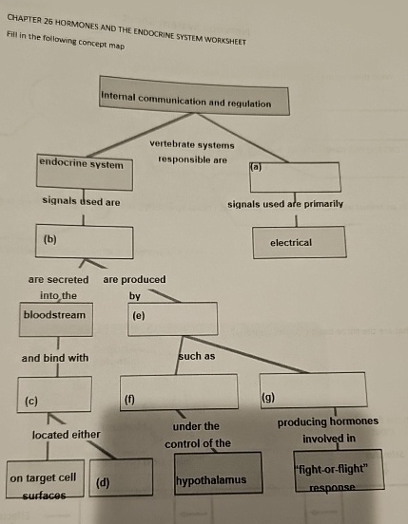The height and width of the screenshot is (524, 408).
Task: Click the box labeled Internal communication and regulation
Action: tap(194, 102)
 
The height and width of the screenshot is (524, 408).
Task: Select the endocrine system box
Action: tap(84, 170)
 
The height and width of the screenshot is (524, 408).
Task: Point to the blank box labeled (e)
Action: tap(173, 318)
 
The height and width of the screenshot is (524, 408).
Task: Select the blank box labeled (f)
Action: tap(179, 391)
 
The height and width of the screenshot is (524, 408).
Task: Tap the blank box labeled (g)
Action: tap(312, 389)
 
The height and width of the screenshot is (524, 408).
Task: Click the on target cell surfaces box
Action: tap(43, 477)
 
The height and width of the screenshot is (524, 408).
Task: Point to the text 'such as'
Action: tap(197, 357)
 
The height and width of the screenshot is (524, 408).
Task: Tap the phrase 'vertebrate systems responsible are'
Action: tap(191, 152)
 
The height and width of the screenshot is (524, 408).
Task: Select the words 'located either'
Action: tap(66, 434)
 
